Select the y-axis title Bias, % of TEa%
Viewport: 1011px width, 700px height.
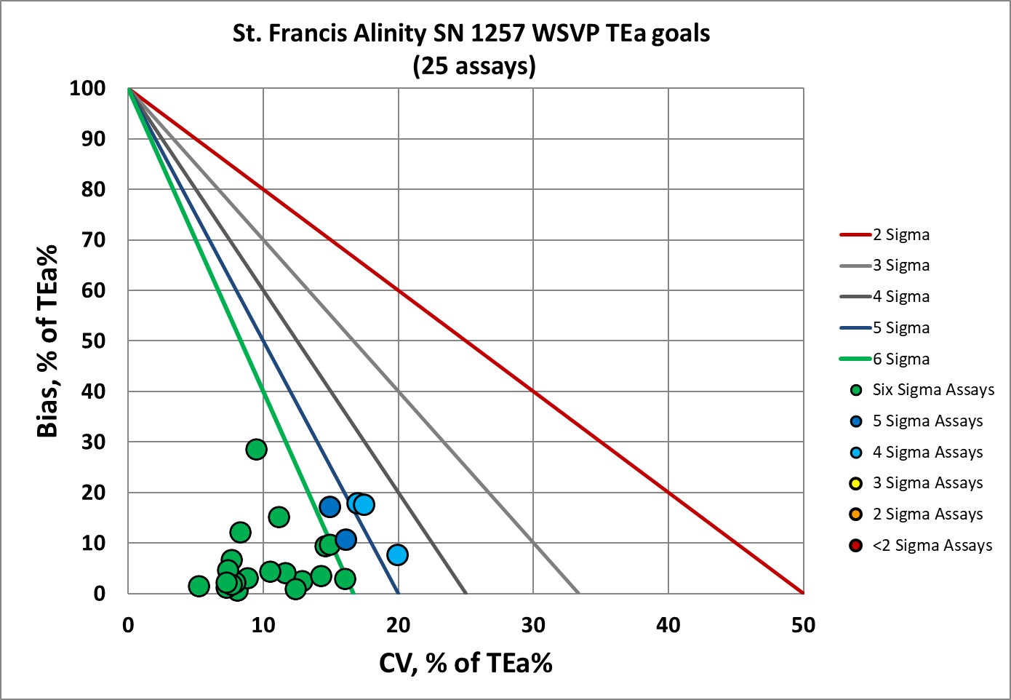(x=47, y=341)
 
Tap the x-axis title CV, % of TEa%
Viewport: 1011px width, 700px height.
(x=465, y=663)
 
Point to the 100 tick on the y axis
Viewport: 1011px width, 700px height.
(x=87, y=89)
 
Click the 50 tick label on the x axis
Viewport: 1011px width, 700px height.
(x=803, y=625)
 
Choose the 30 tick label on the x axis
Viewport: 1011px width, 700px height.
(x=533, y=625)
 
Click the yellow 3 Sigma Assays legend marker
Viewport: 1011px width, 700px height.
(x=857, y=483)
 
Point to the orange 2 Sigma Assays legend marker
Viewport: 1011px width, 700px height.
(x=857, y=514)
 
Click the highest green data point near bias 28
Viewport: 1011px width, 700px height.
(x=256, y=450)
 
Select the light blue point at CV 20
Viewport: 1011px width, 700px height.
(x=397, y=554)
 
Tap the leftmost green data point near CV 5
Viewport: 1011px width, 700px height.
(x=199, y=586)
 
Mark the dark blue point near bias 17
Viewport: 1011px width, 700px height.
(x=330, y=506)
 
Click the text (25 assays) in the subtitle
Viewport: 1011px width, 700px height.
(x=474, y=66)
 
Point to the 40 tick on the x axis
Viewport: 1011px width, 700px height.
(x=668, y=625)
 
